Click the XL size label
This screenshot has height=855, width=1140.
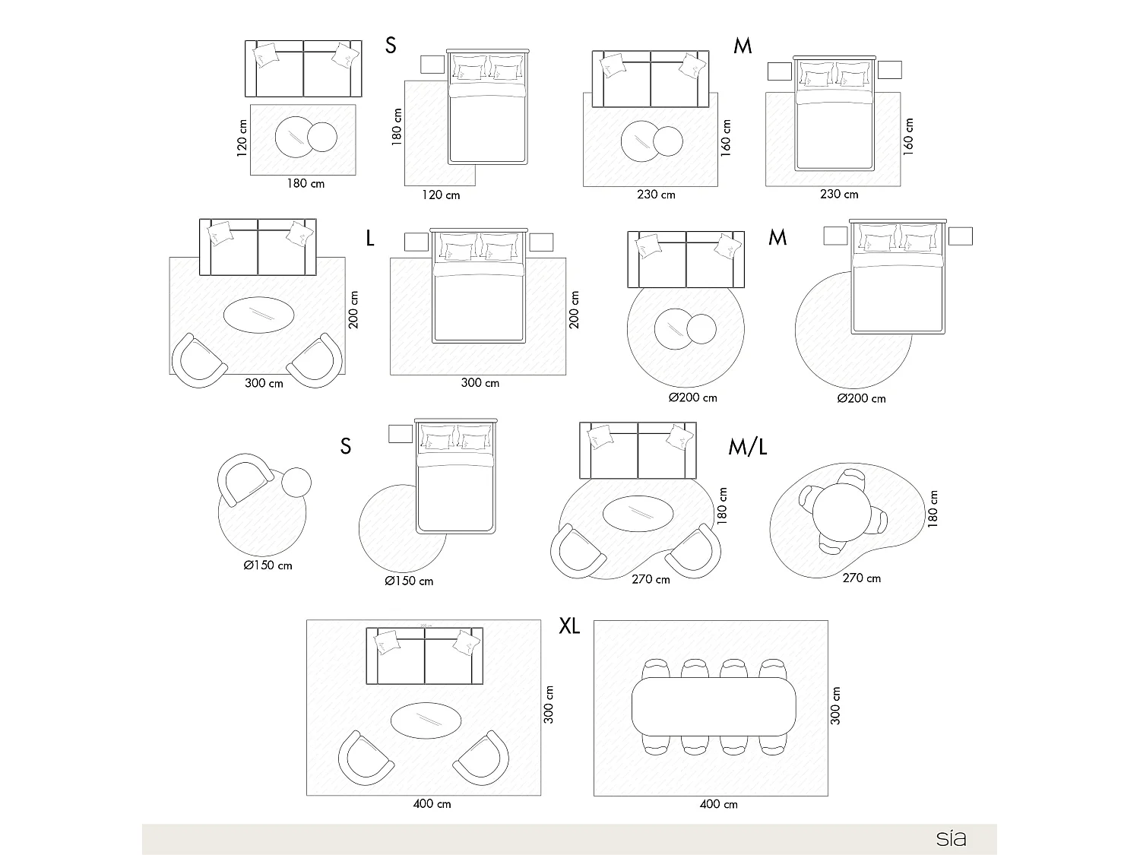569,625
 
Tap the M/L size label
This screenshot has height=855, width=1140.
747,447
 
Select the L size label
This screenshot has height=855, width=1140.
370,239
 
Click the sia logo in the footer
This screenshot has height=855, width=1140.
951,839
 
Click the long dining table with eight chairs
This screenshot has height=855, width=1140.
714,707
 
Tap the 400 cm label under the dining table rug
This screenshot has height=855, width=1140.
718,804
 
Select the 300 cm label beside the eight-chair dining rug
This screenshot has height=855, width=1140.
836,705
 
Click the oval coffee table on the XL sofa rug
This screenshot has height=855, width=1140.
426,720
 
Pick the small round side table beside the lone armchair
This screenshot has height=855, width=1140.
296,482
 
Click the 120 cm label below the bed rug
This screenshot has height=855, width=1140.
441,195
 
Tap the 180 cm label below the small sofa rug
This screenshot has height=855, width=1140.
306,183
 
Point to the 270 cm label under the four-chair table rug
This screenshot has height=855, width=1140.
861,578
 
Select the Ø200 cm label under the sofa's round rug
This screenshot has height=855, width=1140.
692,397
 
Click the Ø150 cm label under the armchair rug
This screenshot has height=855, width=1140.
268,565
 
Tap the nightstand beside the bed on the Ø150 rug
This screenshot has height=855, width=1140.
401,434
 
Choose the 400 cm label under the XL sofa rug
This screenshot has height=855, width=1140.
432,804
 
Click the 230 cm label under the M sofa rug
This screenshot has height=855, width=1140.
656,195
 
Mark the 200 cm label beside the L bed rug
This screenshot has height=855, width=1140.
575,309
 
